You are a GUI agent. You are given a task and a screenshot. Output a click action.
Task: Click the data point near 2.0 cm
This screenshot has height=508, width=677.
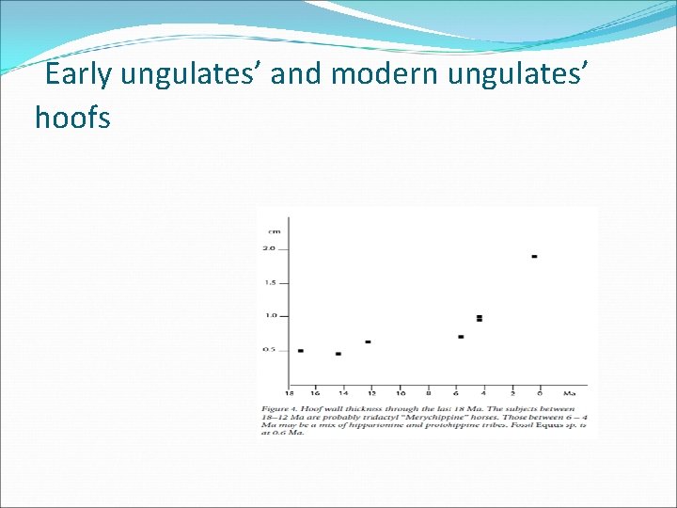coord(534,256)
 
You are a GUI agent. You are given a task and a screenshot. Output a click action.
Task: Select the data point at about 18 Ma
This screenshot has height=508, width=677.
coord(300,351)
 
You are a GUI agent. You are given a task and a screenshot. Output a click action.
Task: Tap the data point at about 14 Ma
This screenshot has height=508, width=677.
coord(338,354)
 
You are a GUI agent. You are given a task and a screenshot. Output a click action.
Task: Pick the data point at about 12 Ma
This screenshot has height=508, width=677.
coord(368,341)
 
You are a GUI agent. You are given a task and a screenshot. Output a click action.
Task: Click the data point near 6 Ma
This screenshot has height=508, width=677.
coord(461,337)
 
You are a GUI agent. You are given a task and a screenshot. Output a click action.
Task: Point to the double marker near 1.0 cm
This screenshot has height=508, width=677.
coord(480,319)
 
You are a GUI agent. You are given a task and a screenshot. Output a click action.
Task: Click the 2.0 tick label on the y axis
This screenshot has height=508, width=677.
coord(270,248)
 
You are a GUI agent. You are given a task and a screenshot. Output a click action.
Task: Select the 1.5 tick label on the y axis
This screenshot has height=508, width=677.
coord(270,282)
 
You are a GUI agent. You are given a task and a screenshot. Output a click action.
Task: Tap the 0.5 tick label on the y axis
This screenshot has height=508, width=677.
coord(270,350)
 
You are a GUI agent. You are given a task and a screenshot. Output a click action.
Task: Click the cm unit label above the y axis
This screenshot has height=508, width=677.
coord(274,230)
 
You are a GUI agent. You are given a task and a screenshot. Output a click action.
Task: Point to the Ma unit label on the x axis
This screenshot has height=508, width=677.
coord(570,392)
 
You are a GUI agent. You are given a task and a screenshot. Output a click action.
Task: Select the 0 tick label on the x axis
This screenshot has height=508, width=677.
coord(541,392)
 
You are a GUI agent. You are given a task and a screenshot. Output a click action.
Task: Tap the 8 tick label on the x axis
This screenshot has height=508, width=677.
coord(429,392)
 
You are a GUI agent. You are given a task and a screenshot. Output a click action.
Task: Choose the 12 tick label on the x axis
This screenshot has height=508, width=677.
coord(371,392)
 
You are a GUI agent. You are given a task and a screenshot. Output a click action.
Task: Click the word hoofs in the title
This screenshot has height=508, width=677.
coord(72,118)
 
